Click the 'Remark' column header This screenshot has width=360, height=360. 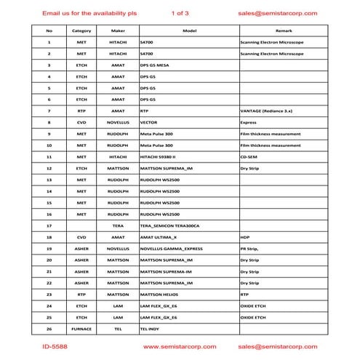[x=284, y=31]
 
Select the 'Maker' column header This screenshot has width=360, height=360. [x=118, y=31]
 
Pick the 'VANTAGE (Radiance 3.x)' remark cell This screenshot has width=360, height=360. [x=267, y=111]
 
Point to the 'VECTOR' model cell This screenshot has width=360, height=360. [x=148, y=123]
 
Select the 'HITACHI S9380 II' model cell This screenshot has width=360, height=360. [x=161, y=156]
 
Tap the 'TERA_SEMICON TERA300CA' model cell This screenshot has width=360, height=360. [x=169, y=225]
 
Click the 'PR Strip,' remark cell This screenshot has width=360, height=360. [x=252, y=249]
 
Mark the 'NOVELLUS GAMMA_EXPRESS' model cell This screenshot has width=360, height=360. [x=171, y=249]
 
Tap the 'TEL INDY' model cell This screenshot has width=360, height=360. [x=151, y=329]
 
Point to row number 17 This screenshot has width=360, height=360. [x=49, y=225]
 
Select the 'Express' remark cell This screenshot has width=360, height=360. [x=249, y=123]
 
